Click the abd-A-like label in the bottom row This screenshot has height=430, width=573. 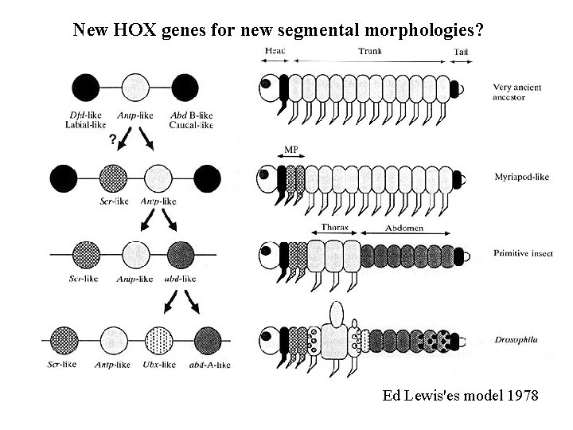click(207, 365)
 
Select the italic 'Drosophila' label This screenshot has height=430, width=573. click(516, 340)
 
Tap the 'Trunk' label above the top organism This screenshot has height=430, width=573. click(370, 51)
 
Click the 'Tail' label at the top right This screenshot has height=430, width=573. click(461, 52)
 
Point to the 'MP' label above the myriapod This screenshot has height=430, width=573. click(291, 149)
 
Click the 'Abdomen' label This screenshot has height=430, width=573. click(404, 228)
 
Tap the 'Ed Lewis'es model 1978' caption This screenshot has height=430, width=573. click(461, 396)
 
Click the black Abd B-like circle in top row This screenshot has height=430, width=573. click(184, 86)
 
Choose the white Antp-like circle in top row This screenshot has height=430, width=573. click(135, 86)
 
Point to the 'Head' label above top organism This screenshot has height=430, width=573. click(275, 51)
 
